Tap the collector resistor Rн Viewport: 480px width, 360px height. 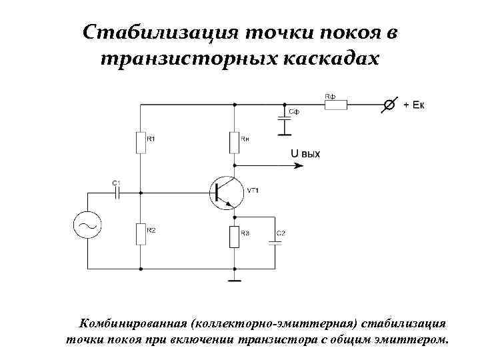tap(234, 142)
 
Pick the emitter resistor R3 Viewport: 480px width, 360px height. tap(234, 237)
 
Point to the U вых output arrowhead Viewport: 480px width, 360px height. tap(279, 164)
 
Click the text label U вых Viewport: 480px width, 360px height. tap(305, 154)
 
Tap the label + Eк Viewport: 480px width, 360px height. tap(413, 105)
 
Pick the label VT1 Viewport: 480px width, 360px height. tap(253, 191)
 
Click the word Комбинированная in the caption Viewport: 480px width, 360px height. tap(132, 324)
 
